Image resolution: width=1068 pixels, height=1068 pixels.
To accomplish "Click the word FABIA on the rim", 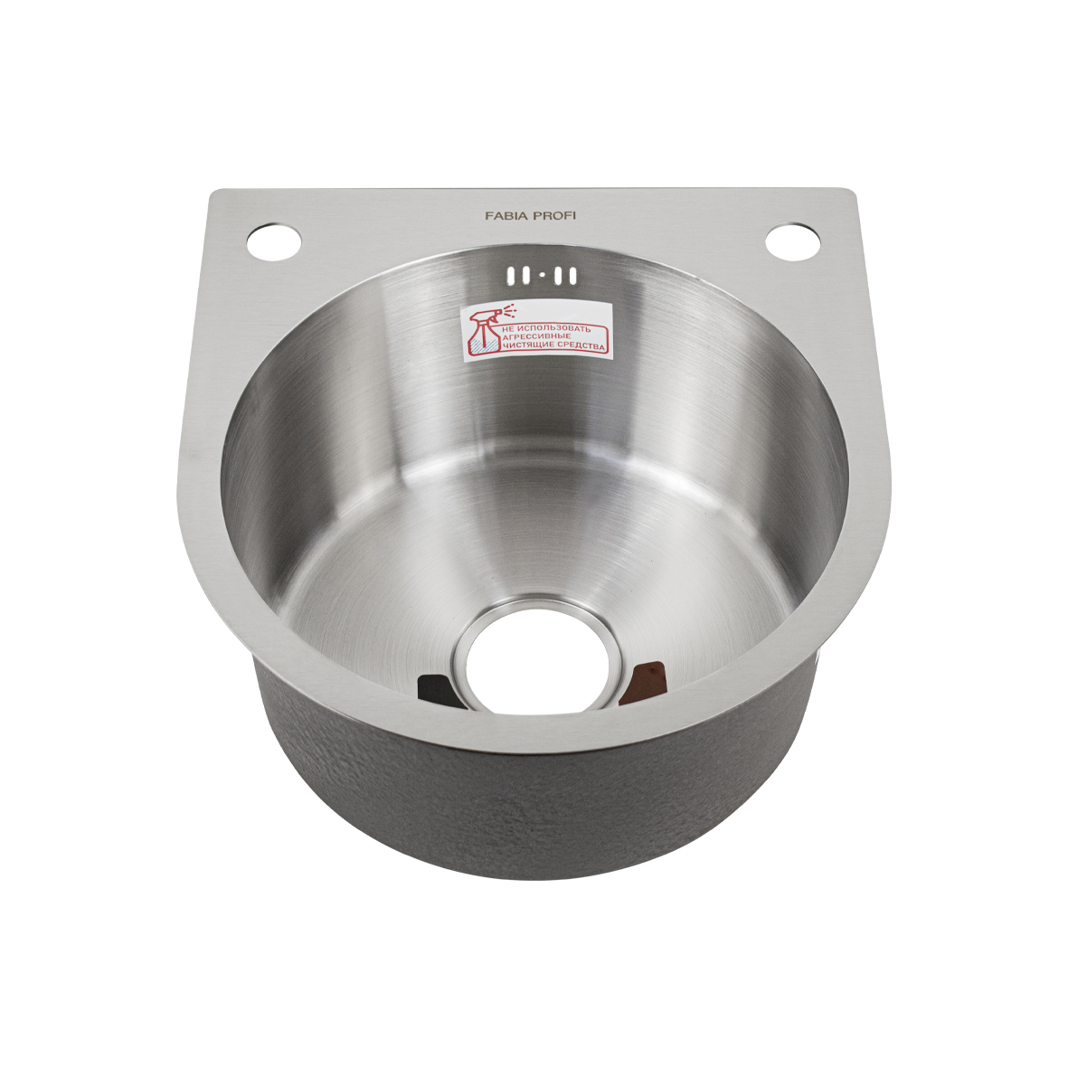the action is (504, 216).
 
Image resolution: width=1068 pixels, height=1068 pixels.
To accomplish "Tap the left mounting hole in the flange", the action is (274, 241).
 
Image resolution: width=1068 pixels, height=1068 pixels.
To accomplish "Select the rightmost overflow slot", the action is (572, 276).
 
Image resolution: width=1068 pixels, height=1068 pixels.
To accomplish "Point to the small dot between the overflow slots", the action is (542, 277).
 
